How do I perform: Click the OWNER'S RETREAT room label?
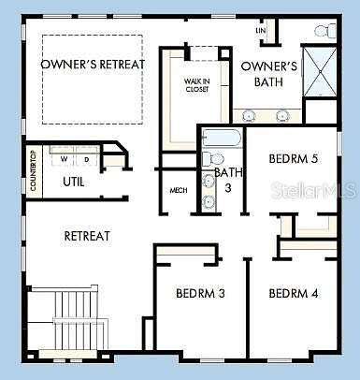pos(93,64)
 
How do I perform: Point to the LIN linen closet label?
pos(261,31)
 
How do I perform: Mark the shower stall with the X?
pos(323,73)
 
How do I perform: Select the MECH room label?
pos(179,191)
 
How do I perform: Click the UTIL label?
pos(74,181)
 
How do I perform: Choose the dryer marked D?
pos(86,160)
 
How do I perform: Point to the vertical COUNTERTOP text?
pos(34,169)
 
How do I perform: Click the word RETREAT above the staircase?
pos(87,236)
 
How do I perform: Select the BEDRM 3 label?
pos(200,294)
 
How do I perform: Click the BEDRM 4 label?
pos(294,294)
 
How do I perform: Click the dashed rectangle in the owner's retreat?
pos(93,79)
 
